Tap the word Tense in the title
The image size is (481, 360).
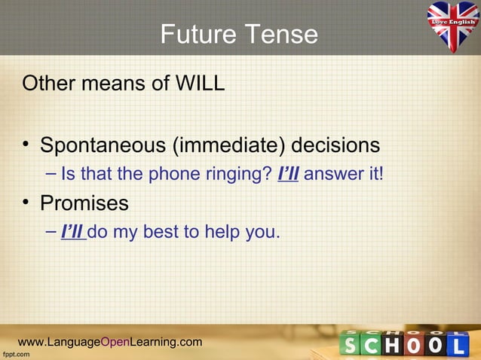(281, 35)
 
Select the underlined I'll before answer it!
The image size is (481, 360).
(289, 175)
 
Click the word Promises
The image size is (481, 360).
(84, 203)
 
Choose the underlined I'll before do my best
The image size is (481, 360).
(72, 232)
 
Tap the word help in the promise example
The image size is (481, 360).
(220, 232)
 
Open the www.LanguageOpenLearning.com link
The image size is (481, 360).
(110, 343)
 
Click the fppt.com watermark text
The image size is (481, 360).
(16, 354)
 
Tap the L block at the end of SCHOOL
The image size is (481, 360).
(461, 345)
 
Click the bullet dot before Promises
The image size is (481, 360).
(27, 204)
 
